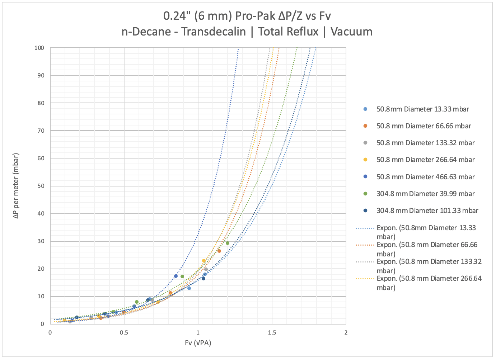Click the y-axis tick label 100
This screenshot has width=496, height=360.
[39, 48]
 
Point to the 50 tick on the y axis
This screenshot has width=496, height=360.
[41, 186]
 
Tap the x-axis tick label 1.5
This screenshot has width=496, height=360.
[272, 332]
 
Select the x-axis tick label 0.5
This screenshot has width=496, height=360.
[124, 332]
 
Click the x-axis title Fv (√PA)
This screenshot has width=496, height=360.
[198, 343]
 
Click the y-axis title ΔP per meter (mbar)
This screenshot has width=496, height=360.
[16, 186]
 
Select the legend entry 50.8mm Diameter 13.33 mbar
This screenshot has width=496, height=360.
[422, 109]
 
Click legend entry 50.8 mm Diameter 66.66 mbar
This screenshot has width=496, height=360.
[424, 126]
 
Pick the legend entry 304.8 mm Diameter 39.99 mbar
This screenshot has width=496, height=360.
[425, 194]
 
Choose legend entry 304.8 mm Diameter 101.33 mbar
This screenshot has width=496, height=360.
[427, 210]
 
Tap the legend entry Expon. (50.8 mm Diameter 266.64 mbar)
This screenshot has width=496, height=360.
[429, 283]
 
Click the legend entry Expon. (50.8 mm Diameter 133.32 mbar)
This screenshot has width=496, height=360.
[429, 266]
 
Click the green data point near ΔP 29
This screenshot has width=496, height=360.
[227, 243]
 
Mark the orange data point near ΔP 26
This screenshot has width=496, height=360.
[219, 251]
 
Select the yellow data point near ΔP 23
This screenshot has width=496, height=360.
[204, 261]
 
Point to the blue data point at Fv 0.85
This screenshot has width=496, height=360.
[176, 276]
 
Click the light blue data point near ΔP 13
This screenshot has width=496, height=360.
[189, 288]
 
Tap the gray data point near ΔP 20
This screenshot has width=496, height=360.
[206, 269]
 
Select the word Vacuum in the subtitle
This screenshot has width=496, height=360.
[351, 32]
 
